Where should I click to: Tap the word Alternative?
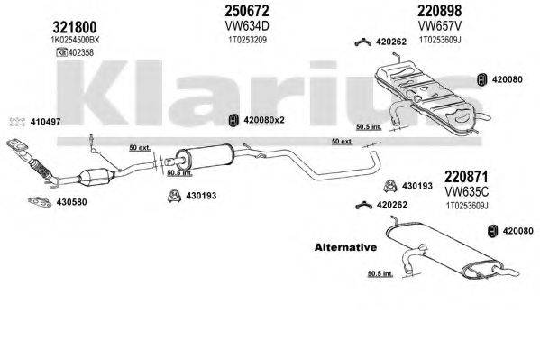pyautogui.click(x=343, y=246)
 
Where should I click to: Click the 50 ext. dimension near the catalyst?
pyautogui.click(x=138, y=145)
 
